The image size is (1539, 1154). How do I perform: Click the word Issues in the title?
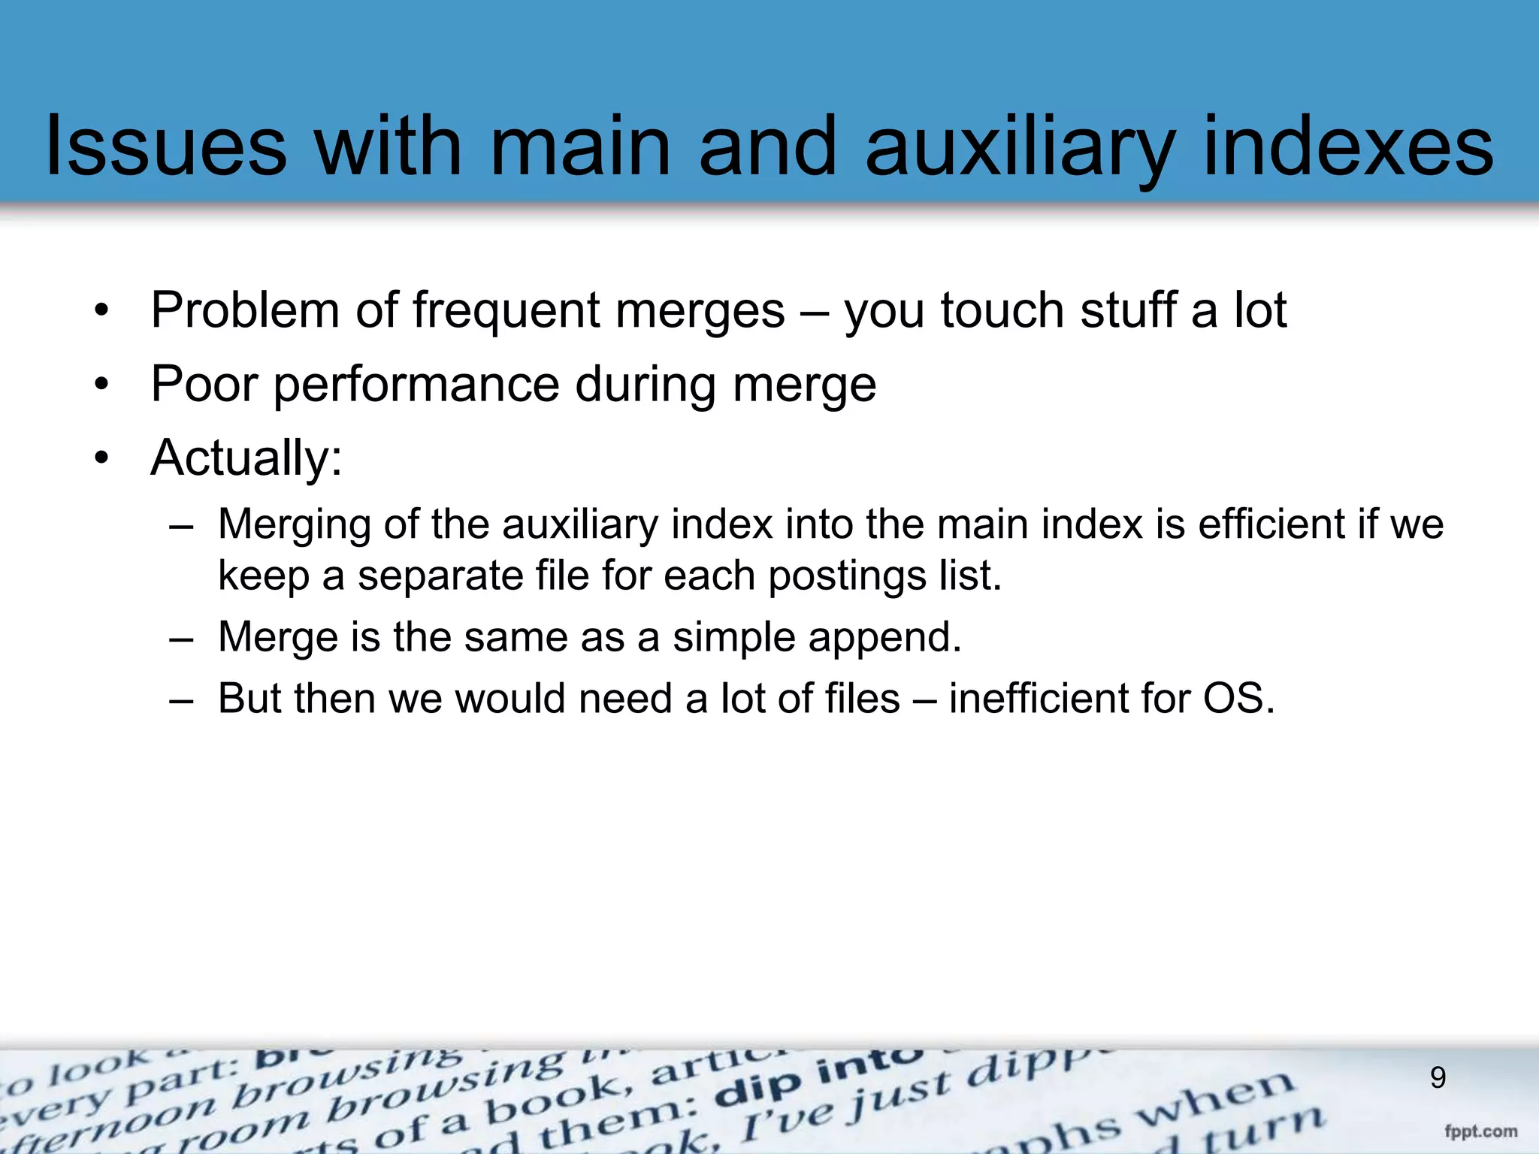pos(166,147)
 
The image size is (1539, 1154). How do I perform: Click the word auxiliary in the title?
pos(1019,147)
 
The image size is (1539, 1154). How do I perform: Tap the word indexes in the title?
pos(1348,147)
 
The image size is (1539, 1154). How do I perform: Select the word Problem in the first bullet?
pos(245,310)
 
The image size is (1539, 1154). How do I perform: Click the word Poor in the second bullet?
pos(204,384)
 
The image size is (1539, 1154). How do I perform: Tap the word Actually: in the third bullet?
pos(246,458)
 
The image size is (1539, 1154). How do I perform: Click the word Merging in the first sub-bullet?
pos(294,524)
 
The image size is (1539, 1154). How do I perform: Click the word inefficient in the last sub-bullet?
pos(1037,699)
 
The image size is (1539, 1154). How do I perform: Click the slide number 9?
pos(1438,1078)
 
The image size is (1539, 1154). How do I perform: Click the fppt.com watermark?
pos(1480,1131)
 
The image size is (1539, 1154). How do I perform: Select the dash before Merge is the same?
pos(181,638)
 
